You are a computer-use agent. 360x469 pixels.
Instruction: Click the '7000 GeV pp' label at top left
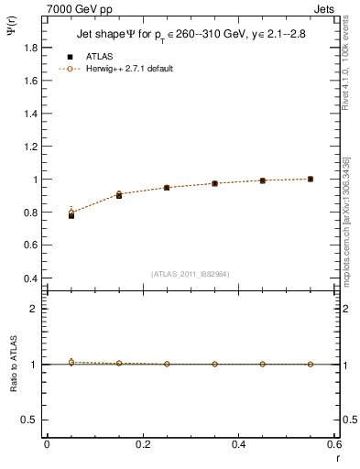pyautogui.click(x=78, y=8)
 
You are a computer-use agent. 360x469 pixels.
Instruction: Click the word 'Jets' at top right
pyautogui.click(x=325, y=8)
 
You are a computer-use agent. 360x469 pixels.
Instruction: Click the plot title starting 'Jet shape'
pyautogui.click(x=191, y=36)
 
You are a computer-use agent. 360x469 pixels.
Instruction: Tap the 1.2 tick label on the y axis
pyautogui.click(x=29, y=147)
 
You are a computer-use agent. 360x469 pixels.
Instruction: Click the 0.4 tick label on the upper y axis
pyautogui.click(x=29, y=278)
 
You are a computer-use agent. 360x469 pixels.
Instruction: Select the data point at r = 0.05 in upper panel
pyautogui.click(x=71, y=215)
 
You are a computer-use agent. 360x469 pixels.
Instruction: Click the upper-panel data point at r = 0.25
pyautogui.click(x=167, y=188)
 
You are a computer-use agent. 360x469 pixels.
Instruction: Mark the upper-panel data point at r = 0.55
pyautogui.click(x=311, y=179)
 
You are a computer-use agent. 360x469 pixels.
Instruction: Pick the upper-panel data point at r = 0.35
pyautogui.click(x=214, y=183)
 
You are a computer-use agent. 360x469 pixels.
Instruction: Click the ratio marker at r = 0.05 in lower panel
pyautogui.click(x=71, y=363)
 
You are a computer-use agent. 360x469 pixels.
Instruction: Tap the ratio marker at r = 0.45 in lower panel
pyautogui.click(x=262, y=365)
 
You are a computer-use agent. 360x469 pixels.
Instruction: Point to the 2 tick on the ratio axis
pyautogui.click(x=34, y=309)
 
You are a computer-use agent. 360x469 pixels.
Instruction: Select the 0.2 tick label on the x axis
pyautogui.click(x=143, y=444)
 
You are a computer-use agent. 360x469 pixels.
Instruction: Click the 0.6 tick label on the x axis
pyautogui.click(x=333, y=444)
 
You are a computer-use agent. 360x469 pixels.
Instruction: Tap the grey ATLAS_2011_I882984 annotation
pyautogui.click(x=191, y=274)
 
